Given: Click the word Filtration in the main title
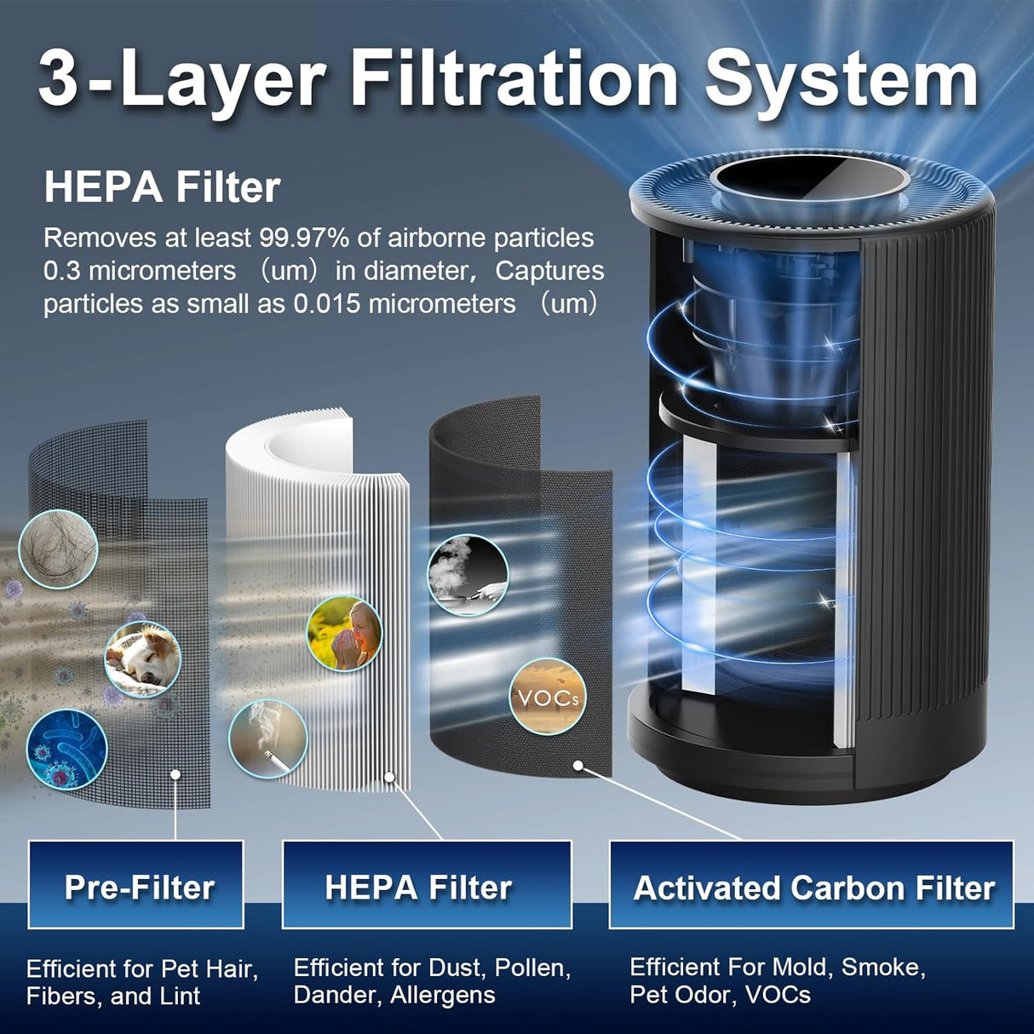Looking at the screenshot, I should [514, 78].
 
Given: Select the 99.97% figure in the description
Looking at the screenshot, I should [305, 238].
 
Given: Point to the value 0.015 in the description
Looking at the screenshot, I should [321, 304].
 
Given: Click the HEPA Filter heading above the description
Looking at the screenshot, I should [162, 187].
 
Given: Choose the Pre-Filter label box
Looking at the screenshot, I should [136, 886].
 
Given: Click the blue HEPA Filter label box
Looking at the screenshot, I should [426, 886].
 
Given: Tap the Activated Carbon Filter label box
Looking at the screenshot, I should [812, 886].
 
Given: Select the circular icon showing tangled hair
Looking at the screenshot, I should [57, 549].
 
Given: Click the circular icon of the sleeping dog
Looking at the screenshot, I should [143, 658].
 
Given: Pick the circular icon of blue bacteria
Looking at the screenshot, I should [66, 750].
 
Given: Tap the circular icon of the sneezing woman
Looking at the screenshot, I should [344, 633].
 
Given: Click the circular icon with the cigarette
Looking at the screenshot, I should [267, 738].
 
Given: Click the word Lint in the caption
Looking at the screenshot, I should [181, 996].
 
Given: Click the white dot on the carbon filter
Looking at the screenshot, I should [578, 765].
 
